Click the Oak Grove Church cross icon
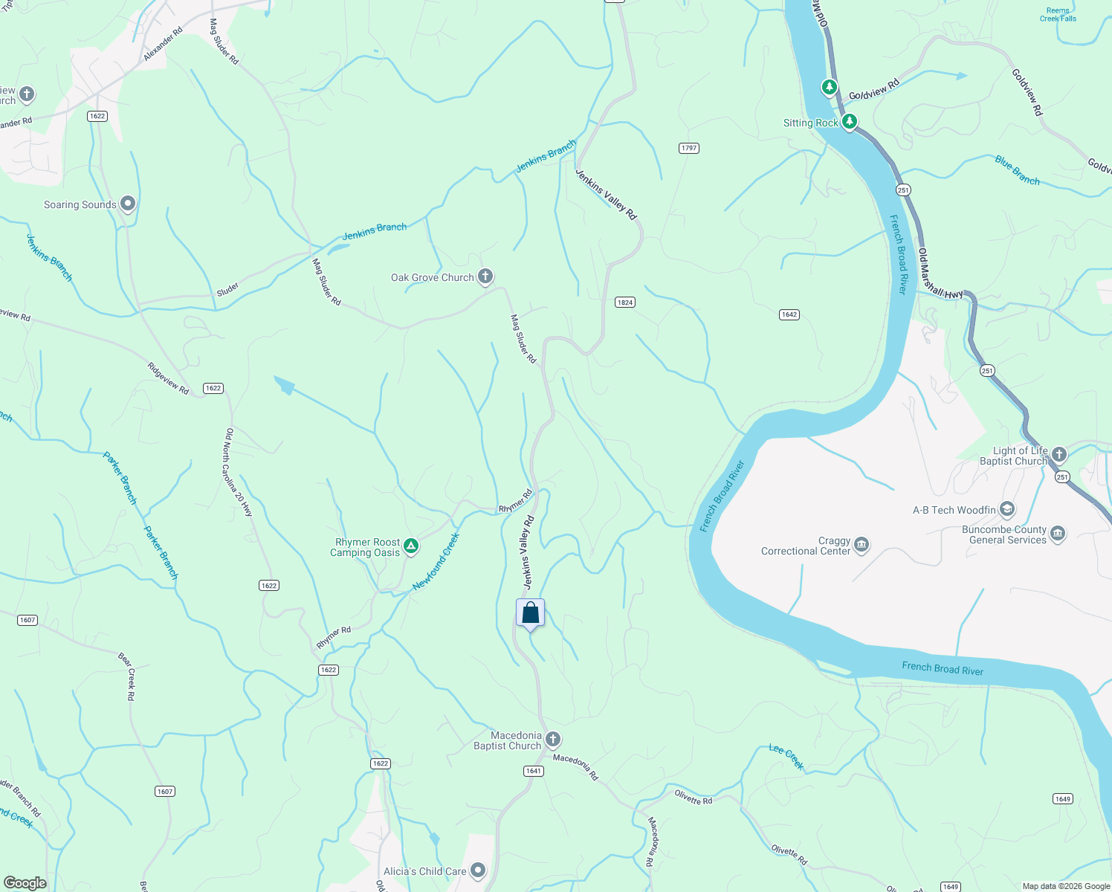[485, 277]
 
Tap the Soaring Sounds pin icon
[128, 204]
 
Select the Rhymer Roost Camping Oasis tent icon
[410, 547]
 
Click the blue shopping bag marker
[530, 613]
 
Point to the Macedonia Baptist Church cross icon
[552, 740]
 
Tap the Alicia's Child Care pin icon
[478, 870]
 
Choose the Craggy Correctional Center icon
[862, 545]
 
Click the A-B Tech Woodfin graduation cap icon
[1007, 509]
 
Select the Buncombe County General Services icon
[1058, 534]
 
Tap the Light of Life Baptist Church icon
[1059, 454]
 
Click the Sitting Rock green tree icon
[850, 121]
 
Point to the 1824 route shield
[624, 303]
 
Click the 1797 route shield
[689, 148]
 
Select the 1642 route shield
[789, 314]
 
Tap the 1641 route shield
[534, 771]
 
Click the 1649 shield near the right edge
[1062, 799]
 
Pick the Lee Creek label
[786, 757]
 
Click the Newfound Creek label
[436, 562]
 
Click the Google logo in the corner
[25, 883]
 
